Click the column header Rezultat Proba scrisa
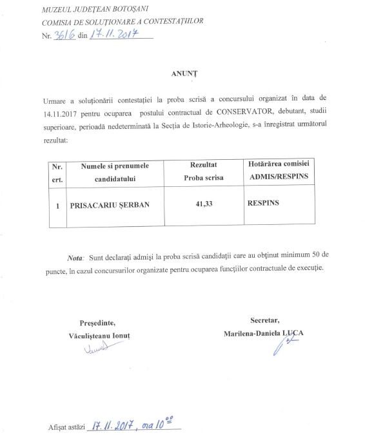[x=203, y=171]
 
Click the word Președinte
[x=97, y=322]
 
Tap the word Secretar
[x=264, y=320]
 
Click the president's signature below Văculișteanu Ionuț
[x=95, y=349]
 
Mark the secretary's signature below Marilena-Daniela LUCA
[x=281, y=347]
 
